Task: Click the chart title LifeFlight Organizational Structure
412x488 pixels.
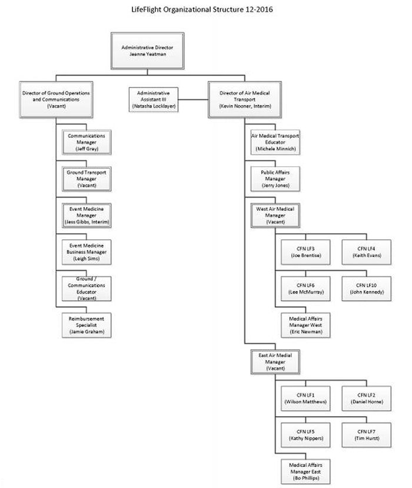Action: click(x=202, y=9)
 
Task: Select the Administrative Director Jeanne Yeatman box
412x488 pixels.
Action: click(x=147, y=51)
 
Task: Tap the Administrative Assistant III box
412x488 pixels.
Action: click(x=154, y=100)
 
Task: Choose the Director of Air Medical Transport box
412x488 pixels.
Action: click(x=244, y=100)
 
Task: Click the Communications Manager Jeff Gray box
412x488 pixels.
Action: click(x=87, y=142)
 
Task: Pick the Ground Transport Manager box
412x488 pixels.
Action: click(x=87, y=179)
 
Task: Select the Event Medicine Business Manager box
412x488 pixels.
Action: click(x=87, y=252)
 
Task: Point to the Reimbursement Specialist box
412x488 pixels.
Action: click(x=87, y=325)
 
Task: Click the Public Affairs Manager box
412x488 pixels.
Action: click(x=275, y=179)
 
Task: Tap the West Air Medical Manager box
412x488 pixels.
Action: click(x=275, y=215)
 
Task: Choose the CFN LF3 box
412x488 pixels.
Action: click(x=305, y=252)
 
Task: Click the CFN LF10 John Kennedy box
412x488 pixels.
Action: click(x=367, y=289)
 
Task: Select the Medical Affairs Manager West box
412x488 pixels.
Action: click(x=305, y=325)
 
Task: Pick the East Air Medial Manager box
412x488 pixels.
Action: click(x=275, y=362)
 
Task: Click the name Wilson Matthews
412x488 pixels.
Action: click(x=305, y=402)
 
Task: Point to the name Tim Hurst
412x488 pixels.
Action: click(x=367, y=438)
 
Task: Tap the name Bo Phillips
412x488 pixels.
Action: click(x=305, y=478)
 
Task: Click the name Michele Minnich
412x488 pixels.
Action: click(x=275, y=149)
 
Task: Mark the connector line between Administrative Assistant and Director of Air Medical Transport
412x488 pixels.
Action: click(x=193, y=100)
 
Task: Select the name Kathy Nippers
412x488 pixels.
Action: click(x=305, y=438)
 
